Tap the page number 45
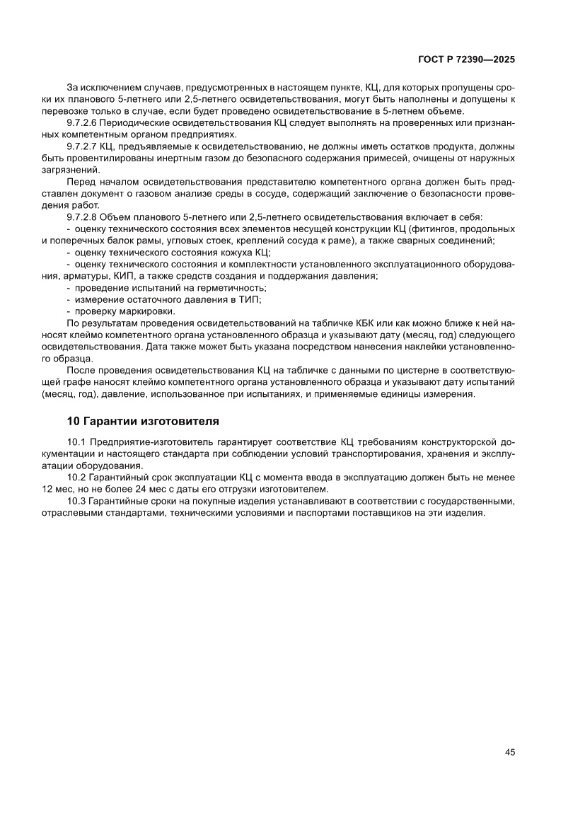pos(509,752)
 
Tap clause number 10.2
pos(76,478)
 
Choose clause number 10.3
pos(76,502)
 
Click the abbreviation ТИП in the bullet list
pos(249,300)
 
